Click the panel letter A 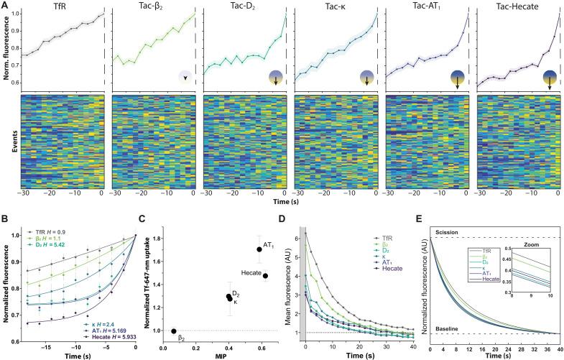tap(5, 5)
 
